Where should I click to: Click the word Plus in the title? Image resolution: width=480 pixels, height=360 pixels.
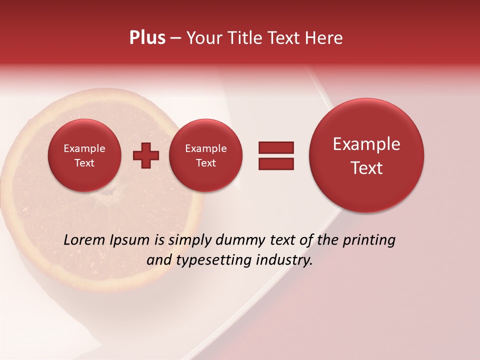coord(147,38)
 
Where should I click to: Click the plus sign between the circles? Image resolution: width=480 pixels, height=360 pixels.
coord(146,155)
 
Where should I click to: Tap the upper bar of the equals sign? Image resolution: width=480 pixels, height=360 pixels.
coord(276,147)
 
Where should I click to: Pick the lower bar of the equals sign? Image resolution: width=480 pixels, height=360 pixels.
coord(276,164)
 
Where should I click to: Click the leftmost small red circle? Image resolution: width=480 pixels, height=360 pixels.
coord(84,155)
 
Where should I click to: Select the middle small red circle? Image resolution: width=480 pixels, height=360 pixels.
coord(205,155)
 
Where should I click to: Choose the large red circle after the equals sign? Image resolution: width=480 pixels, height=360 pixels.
coord(366,155)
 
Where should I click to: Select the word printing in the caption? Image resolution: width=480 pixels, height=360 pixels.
coord(369,240)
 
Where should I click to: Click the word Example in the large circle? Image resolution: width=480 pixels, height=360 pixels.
coord(366,144)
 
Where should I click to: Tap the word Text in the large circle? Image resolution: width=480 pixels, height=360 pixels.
coord(366,168)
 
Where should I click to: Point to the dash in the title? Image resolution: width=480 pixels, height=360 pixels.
coord(175,38)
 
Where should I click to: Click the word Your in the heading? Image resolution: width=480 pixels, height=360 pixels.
coord(203,38)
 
